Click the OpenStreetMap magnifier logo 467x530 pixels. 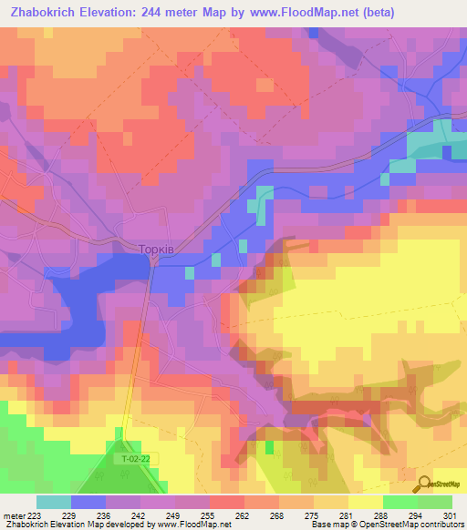(424, 484)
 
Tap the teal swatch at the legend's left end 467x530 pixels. (54, 502)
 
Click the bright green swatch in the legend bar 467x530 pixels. (400, 502)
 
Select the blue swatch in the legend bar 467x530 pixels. (88, 502)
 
